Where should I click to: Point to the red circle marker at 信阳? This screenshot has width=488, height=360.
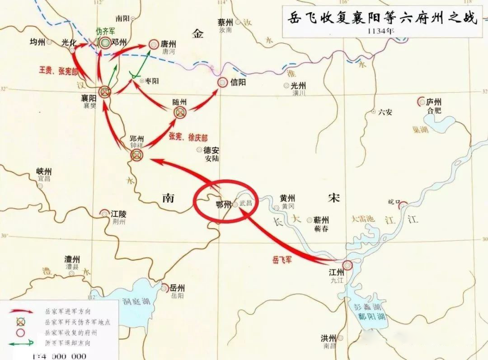click(222, 82)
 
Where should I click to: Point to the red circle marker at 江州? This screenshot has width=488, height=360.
click(347, 265)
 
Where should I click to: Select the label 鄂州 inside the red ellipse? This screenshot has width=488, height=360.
click(224, 204)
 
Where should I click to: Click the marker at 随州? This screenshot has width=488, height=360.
click(180, 112)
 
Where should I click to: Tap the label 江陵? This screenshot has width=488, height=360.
click(120, 213)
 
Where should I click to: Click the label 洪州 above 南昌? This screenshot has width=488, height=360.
click(329, 338)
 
